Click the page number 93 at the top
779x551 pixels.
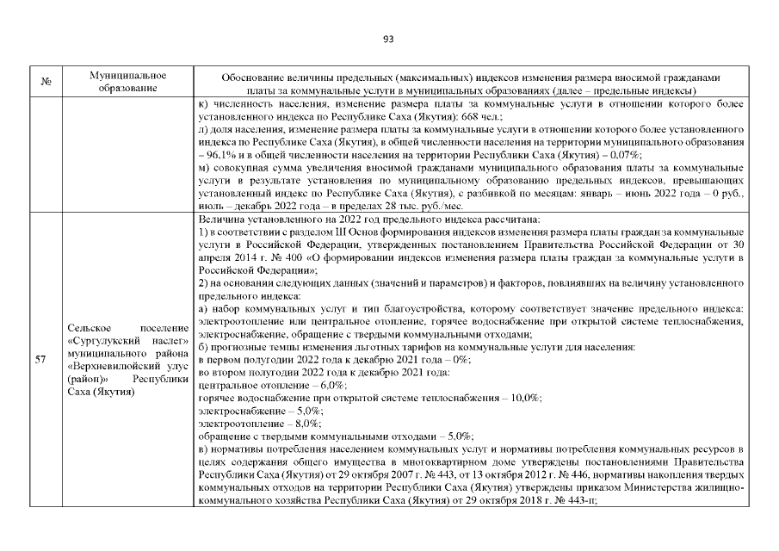point(388,39)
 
